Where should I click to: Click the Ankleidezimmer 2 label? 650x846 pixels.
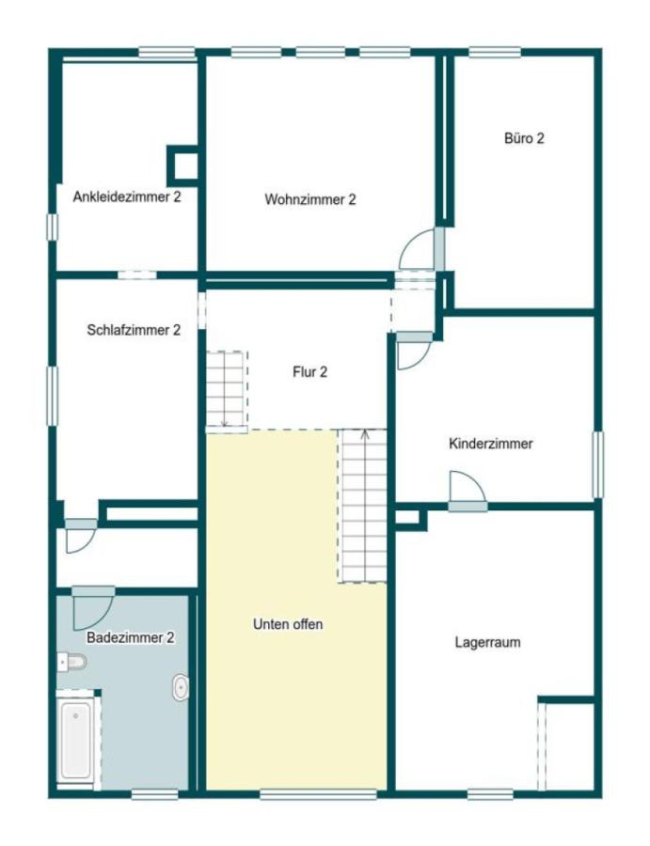pos(127,197)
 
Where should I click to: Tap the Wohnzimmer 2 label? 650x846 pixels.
pos(309,199)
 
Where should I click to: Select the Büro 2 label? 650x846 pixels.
pos(524,138)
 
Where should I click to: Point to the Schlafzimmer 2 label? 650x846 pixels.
pos(134,330)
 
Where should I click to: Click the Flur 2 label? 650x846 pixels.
pos(309,371)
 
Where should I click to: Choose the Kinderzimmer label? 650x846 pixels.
pos(491,444)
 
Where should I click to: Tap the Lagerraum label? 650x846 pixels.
pos(487,643)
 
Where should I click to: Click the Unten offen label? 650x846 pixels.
pos(288,623)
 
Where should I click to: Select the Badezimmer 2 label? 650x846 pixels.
pos(131,637)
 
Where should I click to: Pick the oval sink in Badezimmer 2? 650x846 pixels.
pos(181,688)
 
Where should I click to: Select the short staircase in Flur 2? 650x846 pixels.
pos(226,388)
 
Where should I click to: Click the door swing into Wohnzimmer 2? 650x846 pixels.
pos(417,252)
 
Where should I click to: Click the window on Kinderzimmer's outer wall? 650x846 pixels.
pos(597,463)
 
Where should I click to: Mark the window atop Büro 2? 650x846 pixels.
pos(495,53)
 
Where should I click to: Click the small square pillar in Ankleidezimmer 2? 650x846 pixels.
pos(183,166)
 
